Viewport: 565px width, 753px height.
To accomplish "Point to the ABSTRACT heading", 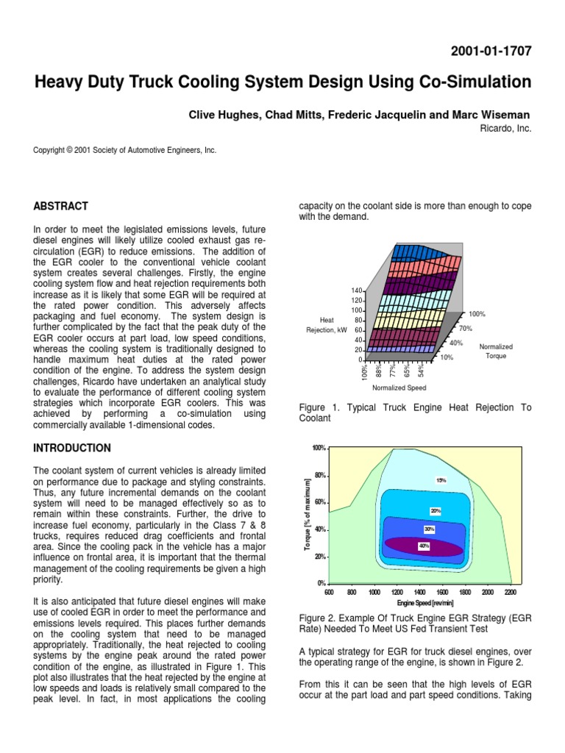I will tap(61, 206).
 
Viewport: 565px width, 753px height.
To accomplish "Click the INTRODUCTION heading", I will tap(73, 448).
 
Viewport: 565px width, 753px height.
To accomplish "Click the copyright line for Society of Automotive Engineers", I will tap(125, 150).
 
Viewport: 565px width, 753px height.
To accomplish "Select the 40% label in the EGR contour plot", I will tap(424, 546).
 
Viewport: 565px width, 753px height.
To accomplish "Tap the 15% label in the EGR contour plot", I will tap(441, 479).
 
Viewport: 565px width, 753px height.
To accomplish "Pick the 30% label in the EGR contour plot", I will tap(429, 529).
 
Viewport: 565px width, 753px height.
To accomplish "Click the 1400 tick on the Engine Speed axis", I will tap(419, 591).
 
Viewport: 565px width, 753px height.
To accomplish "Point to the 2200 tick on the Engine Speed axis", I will tap(511, 591).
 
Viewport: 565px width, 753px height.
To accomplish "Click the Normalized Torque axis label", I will tap(495, 351).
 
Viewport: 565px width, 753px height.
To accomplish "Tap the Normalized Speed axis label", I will tap(399, 388).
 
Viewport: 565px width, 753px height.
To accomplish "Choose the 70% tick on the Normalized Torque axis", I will tap(465, 328).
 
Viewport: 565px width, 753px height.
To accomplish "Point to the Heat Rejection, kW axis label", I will tap(327, 324).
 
